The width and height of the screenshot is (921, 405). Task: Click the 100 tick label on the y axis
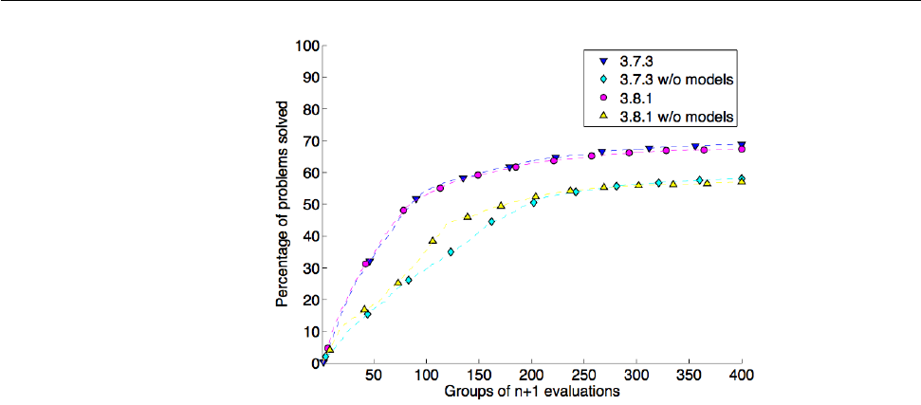pos(306,45)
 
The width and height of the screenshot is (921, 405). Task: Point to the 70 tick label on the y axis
pos(309,140)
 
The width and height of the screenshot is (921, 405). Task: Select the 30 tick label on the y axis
pos(309,267)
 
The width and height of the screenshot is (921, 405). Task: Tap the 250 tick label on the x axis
pos(585,375)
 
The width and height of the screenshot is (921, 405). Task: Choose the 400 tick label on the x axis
pos(742,375)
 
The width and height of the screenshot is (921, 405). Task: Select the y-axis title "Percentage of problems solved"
pos(283,204)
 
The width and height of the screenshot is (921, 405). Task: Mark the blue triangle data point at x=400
pos(742,145)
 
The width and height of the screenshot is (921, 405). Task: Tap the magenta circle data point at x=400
pos(742,149)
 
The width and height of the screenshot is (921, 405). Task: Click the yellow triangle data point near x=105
pos(433,241)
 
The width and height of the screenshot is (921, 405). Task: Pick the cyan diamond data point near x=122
pos(451,252)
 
